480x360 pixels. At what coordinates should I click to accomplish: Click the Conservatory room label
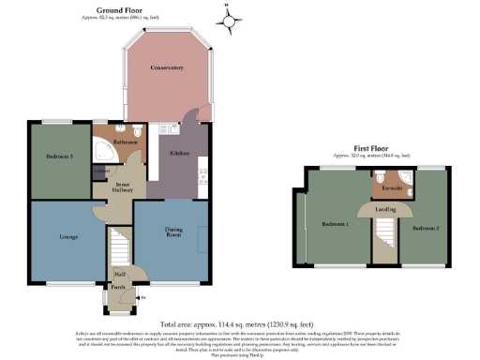[x=166, y=68]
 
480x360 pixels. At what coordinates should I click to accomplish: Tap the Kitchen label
[x=179, y=152]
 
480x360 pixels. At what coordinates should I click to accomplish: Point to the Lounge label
[x=67, y=236]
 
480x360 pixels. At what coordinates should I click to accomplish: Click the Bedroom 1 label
[x=334, y=225]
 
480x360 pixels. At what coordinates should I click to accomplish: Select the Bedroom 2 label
[x=424, y=226]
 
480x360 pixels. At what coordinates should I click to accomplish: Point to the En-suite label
[x=392, y=188]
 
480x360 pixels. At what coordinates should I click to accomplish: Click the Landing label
[x=385, y=209]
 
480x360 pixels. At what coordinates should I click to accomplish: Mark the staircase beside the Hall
[x=119, y=247]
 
